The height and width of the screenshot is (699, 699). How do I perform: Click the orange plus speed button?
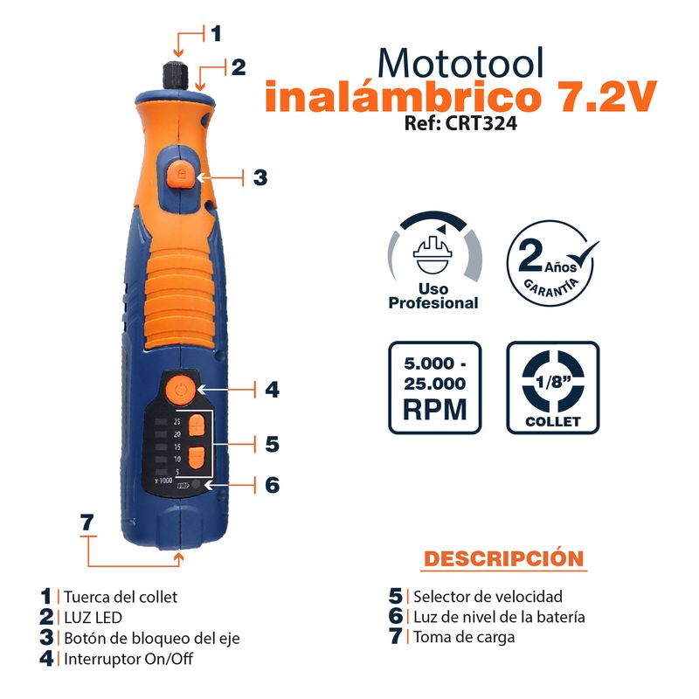click(196, 426)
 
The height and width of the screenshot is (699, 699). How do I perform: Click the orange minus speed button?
click(196, 457)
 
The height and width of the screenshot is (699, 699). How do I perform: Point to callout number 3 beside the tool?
click(260, 177)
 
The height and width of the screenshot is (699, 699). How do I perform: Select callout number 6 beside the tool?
click(273, 485)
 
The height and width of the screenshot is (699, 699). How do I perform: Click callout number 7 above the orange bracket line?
click(87, 522)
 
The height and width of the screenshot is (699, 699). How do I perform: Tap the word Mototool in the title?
click(461, 63)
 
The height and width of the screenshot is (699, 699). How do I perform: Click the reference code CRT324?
click(481, 123)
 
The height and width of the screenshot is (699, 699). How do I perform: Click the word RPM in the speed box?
click(434, 409)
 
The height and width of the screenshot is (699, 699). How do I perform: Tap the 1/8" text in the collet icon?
click(553, 382)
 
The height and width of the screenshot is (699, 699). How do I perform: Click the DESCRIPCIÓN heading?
click(504, 558)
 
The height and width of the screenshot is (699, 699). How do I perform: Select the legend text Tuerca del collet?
click(121, 597)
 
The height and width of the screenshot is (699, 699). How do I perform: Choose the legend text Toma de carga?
click(464, 637)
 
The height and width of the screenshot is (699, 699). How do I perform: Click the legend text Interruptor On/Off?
click(128, 659)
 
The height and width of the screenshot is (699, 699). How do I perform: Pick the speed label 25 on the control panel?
click(177, 421)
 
